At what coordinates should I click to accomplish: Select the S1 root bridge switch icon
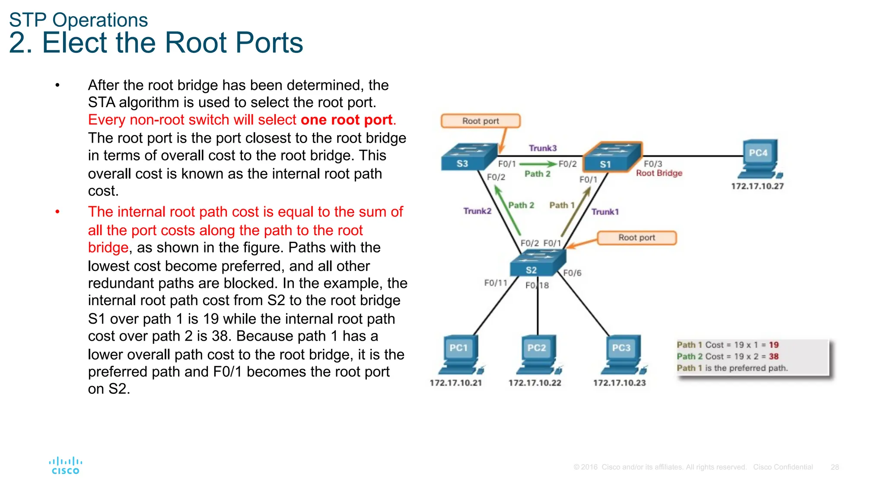coord(612,157)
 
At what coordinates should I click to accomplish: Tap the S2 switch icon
coord(538,263)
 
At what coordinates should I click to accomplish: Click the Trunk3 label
coord(543,148)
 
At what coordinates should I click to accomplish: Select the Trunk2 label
coord(477,211)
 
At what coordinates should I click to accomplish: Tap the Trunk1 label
coord(605,212)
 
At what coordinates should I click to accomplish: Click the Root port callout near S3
coord(481,121)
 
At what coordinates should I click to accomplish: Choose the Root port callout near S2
coord(637,238)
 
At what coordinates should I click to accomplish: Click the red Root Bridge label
coord(659,173)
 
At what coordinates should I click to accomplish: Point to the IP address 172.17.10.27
coord(757,186)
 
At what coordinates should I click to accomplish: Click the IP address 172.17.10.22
coord(535,383)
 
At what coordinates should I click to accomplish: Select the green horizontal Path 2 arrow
coord(538,164)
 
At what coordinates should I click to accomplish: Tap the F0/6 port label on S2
coord(572,273)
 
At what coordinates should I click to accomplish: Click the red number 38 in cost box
coord(774,357)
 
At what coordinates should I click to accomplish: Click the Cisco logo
coord(65,466)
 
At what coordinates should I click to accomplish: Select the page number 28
coord(834,467)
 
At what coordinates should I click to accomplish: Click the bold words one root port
coord(347,120)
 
